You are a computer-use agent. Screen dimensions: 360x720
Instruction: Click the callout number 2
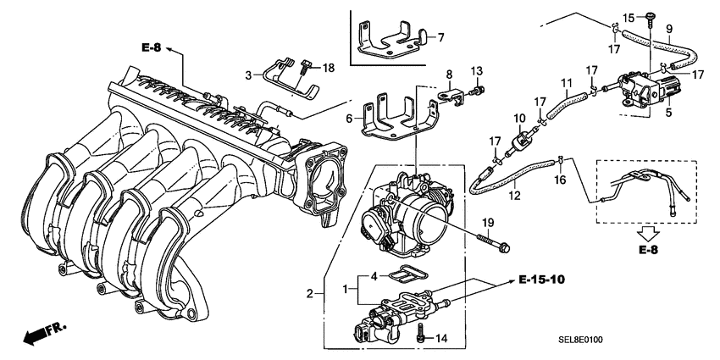pos(310,293)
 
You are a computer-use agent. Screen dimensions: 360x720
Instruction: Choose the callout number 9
pos(669,26)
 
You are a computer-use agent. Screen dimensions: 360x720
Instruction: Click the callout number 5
pos(669,112)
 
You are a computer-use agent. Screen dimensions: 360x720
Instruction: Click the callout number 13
pos(477,69)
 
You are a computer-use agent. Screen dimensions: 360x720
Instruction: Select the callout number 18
pos(328,67)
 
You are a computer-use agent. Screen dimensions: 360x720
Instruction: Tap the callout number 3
pos(249,75)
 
